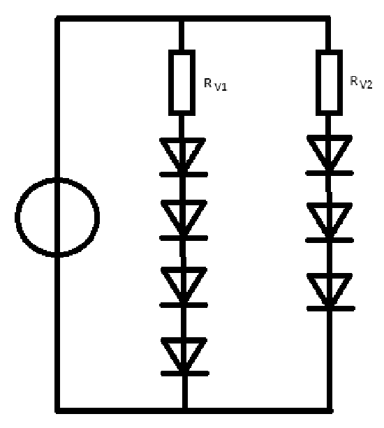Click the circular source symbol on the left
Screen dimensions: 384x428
[16, 218]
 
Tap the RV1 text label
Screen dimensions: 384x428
[216, 84]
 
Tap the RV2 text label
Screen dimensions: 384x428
[361, 82]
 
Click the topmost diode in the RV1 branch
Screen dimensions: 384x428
[183, 158]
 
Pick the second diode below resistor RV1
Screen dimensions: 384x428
[184, 221]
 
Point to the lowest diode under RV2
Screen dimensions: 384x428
[330, 292]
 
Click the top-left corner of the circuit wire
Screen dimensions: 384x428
[57, 19]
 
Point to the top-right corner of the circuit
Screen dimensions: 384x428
[328, 19]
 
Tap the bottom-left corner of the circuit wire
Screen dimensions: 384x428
[57, 411]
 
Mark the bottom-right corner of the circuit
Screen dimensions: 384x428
[330, 411]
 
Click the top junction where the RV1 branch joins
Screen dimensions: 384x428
[182, 19]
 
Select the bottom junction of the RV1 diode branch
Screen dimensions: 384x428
[185, 411]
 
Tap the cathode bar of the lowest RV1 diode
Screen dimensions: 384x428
[185, 374]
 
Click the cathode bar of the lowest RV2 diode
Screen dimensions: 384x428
[331, 309]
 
